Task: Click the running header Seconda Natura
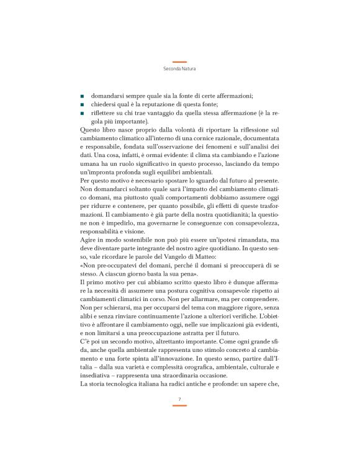pyautogui.click(x=179, y=70)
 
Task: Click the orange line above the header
pyautogui.click(x=179, y=62)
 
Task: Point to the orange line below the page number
pyautogui.click(x=179, y=405)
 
